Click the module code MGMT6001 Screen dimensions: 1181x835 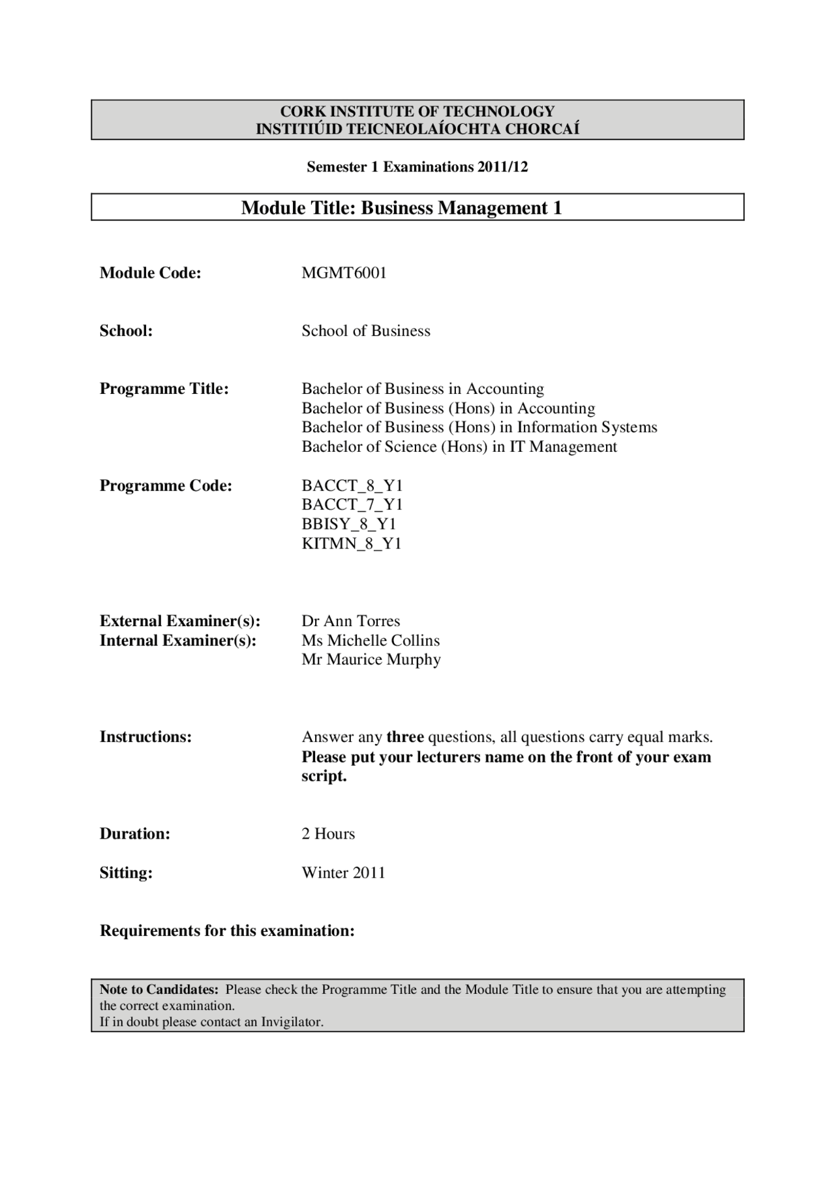pyautogui.click(x=344, y=273)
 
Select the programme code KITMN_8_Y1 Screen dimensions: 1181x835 pyautogui.click(x=352, y=543)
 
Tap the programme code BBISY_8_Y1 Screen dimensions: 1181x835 pyautogui.click(x=349, y=524)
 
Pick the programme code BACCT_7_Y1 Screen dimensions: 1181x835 pyautogui.click(x=352, y=504)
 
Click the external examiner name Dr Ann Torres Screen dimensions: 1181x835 pyautogui.click(x=350, y=621)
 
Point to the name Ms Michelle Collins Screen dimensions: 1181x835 pyautogui.click(x=371, y=640)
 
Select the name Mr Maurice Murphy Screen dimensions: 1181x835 pyautogui.click(x=371, y=659)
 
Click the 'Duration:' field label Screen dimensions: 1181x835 pyautogui.click(x=134, y=833)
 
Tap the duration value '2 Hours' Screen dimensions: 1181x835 pyautogui.click(x=328, y=833)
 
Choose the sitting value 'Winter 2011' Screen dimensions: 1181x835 pyautogui.click(x=343, y=873)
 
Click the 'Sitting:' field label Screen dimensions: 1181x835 pyautogui.click(x=126, y=873)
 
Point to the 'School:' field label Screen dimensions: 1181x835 pyautogui.click(x=126, y=331)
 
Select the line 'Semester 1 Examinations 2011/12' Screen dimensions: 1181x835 pyautogui.click(x=417, y=167)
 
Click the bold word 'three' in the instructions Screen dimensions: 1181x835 pyautogui.click(x=405, y=737)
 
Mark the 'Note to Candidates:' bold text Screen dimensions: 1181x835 pyautogui.click(x=159, y=989)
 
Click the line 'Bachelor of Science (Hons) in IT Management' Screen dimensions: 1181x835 pyautogui.click(x=459, y=447)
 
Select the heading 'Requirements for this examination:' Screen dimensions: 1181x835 pyautogui.click(x=227, y=931)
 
